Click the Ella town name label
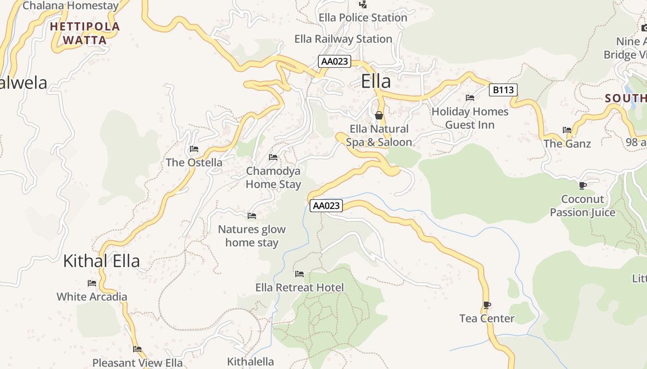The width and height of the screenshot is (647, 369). pos(376,81)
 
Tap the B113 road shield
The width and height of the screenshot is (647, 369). pos(503,90)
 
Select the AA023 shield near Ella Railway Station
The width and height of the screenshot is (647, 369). pos(335,61)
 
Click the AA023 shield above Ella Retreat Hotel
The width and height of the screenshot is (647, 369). pos(326,206)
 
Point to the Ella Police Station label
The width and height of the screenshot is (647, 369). pos(363,18)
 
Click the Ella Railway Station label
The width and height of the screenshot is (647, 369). pos(343,39)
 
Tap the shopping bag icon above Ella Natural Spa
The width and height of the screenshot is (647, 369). pos(379,115)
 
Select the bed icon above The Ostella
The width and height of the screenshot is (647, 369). pos(194,149)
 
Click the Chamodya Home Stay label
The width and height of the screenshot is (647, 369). pos(273,178)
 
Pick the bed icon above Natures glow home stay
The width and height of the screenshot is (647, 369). pos(252,215)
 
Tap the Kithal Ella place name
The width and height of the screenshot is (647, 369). pos(101,261)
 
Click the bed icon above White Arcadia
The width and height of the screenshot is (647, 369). pos(92,283)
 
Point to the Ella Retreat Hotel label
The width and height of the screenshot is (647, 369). pos(299,288)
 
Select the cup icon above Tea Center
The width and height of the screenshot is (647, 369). pos(487,305)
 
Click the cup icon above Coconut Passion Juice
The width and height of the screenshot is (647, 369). pos(583,185)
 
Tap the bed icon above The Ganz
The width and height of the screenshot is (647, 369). pos(567,130)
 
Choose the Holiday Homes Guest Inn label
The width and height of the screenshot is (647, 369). pos(470,118)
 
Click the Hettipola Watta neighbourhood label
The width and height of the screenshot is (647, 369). pos(85,33)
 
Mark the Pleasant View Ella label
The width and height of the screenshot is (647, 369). pos(138,363)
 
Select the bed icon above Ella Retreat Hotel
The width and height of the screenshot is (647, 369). pos(299,274)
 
